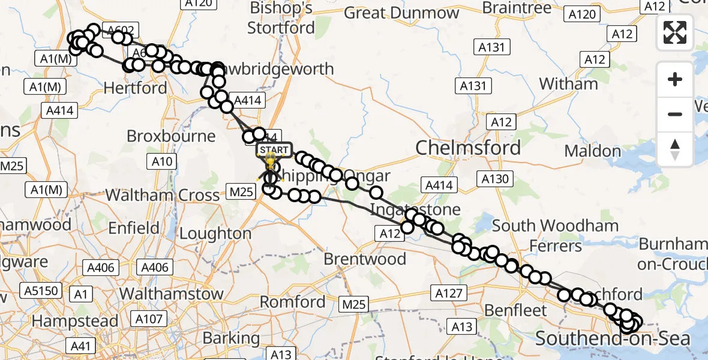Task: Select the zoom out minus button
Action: [675, 114]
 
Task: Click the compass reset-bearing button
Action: [675, 149]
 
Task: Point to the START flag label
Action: [275, 149]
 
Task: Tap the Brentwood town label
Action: [365, 259]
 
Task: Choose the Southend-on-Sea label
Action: [612, 339]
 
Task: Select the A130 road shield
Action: [494, 178]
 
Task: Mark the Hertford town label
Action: [135, 88]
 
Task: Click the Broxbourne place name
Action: [171, 136]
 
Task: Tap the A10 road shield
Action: [162, 161]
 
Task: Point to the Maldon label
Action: [593, 151]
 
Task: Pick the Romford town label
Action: [293, 301]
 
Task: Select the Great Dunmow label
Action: [410, 13]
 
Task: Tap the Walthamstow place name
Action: [172, 294]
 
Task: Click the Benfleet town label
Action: [516, 310]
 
